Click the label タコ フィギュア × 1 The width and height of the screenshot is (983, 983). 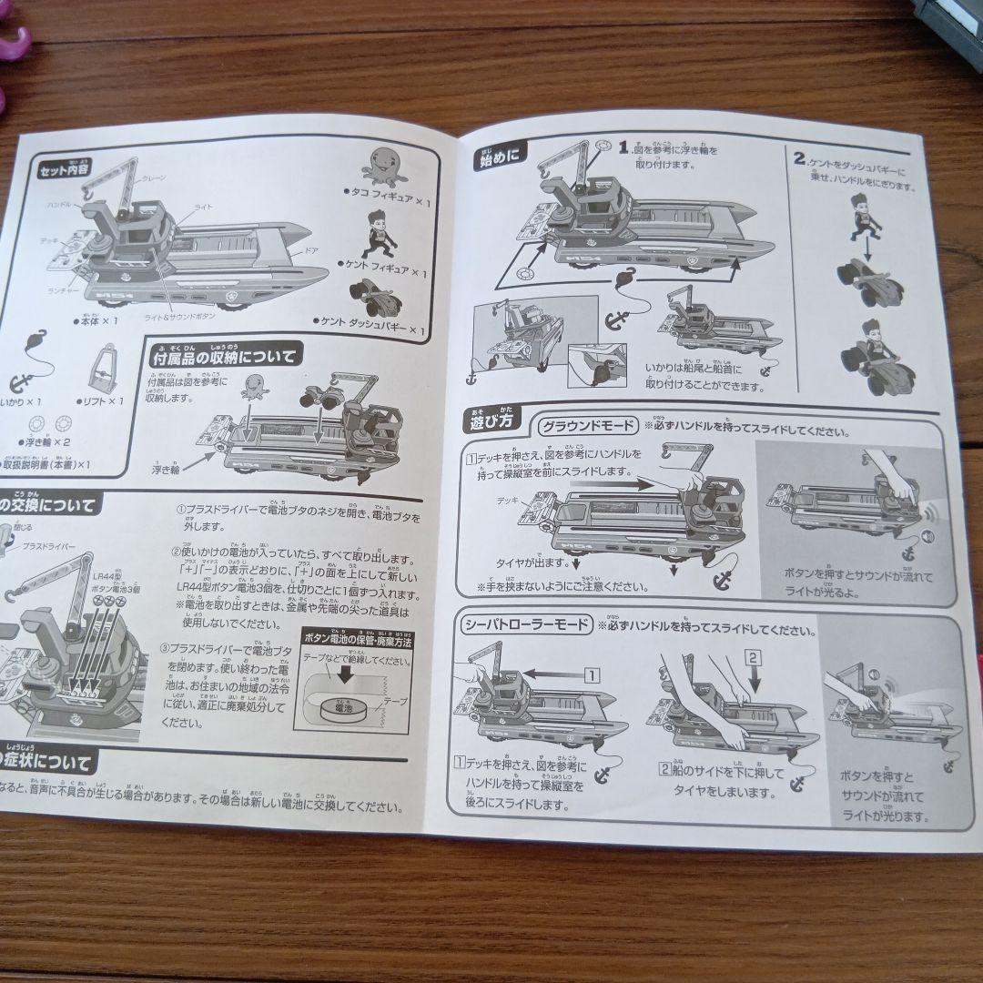[387, 193]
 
